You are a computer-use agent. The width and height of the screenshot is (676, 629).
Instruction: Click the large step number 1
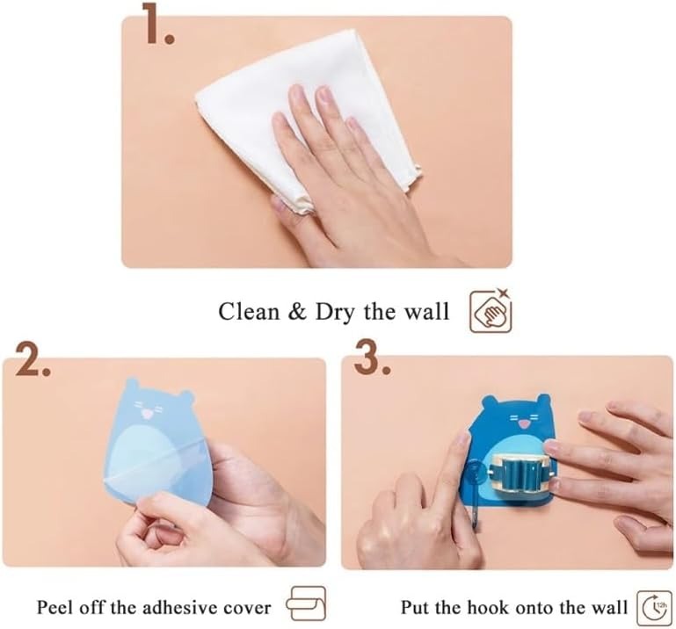point(157,25)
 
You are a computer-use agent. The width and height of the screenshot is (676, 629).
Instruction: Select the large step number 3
point(373,358)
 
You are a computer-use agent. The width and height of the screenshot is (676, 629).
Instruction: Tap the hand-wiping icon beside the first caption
point(491,310)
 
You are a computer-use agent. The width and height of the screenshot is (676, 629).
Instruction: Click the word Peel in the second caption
point(52,607)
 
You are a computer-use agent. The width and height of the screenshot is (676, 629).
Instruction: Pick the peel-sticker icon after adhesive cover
point(306,604)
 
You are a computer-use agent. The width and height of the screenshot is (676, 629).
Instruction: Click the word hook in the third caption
point(490,607)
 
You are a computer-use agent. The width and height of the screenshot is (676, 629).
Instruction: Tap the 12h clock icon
point(654,607)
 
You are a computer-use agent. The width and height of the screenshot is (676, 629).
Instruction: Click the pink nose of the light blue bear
point(147,415)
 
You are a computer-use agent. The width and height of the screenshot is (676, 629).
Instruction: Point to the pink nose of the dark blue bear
point(524,425)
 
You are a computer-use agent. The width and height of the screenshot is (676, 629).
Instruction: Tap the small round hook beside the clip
point(474,470)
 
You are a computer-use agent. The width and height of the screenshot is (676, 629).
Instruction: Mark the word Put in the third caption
point(415,607)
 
